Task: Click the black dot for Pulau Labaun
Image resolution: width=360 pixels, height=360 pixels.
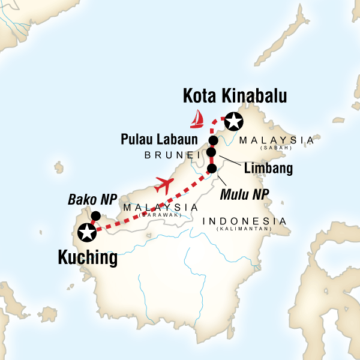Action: (x=212, y=140)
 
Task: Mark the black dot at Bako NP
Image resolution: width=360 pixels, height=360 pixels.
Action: (x=95, y=216)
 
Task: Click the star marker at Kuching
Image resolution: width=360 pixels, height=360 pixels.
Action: (x=88, y=231)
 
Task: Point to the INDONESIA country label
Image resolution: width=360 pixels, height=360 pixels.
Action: (x=244, y=221)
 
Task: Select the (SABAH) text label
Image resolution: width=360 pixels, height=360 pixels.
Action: (x=277, y=148)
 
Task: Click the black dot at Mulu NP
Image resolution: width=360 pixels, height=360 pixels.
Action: (x=212, y=169)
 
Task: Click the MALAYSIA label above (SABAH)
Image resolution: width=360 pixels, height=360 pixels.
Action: (x=276, y=140)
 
